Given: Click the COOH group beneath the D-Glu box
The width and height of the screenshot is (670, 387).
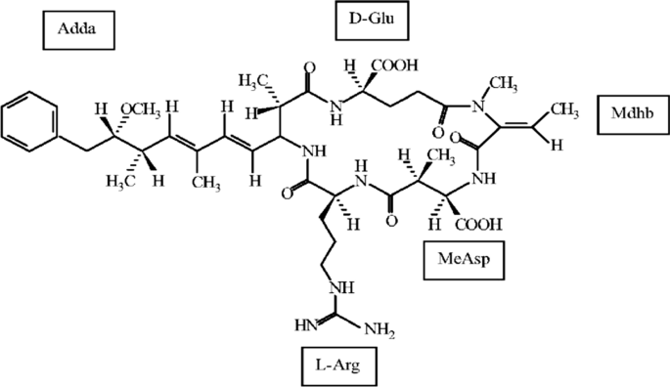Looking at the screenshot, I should click(x=397, y=66).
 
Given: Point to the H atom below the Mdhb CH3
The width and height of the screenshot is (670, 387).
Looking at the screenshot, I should click(x=556, y=145).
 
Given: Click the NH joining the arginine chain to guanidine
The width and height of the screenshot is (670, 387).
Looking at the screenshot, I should click(x=343, y=287).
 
